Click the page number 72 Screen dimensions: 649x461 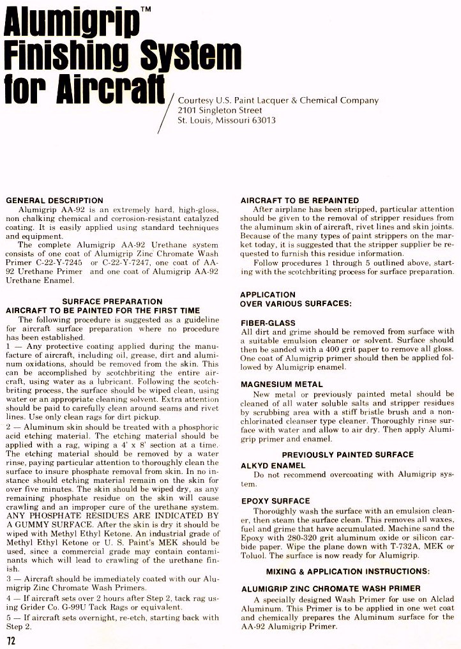pyautogui.click(x=10, y=640)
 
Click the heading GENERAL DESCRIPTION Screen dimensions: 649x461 pyautogui.click(x=54, y=201)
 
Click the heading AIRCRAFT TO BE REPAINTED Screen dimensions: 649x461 pyautogui.click(x=299, y=201)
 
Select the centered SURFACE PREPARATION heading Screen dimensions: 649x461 pyautogui.click(x=112, y=302)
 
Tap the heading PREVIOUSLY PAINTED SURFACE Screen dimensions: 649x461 pyautogui.click(x=347, y=455)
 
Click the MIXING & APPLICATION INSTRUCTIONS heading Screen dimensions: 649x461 pyautogui.click(x=347, y=570)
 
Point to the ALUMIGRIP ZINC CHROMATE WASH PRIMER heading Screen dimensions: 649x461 pyautogui.click(x=330, y=588)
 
